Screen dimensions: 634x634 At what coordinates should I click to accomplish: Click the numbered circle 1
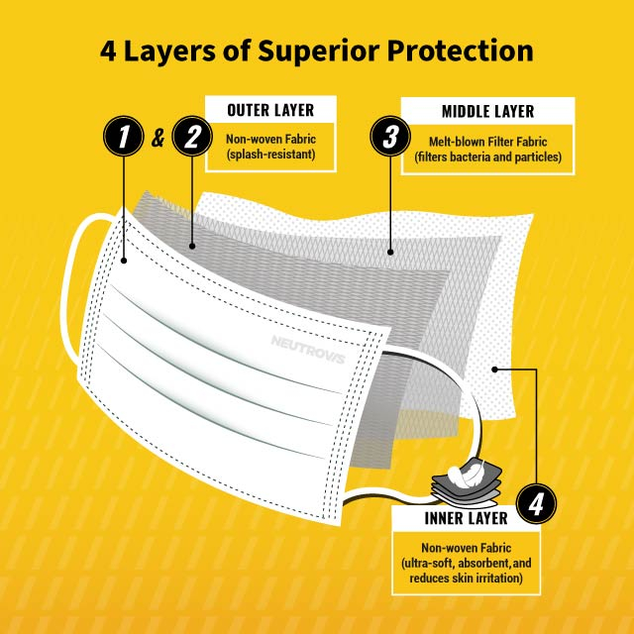[x=123, y=138]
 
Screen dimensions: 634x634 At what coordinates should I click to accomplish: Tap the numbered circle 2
[x=191, y=138]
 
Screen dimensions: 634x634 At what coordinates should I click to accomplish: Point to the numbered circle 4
[x=535, y=506]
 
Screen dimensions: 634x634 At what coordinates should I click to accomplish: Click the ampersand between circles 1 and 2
[x=158, y=139]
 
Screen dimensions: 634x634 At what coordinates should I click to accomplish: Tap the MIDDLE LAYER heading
[x=487, y=112]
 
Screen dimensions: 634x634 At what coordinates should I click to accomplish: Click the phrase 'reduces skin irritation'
[x=458, y=577]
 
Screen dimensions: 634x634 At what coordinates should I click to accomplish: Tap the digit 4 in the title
[x=109, y=51]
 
